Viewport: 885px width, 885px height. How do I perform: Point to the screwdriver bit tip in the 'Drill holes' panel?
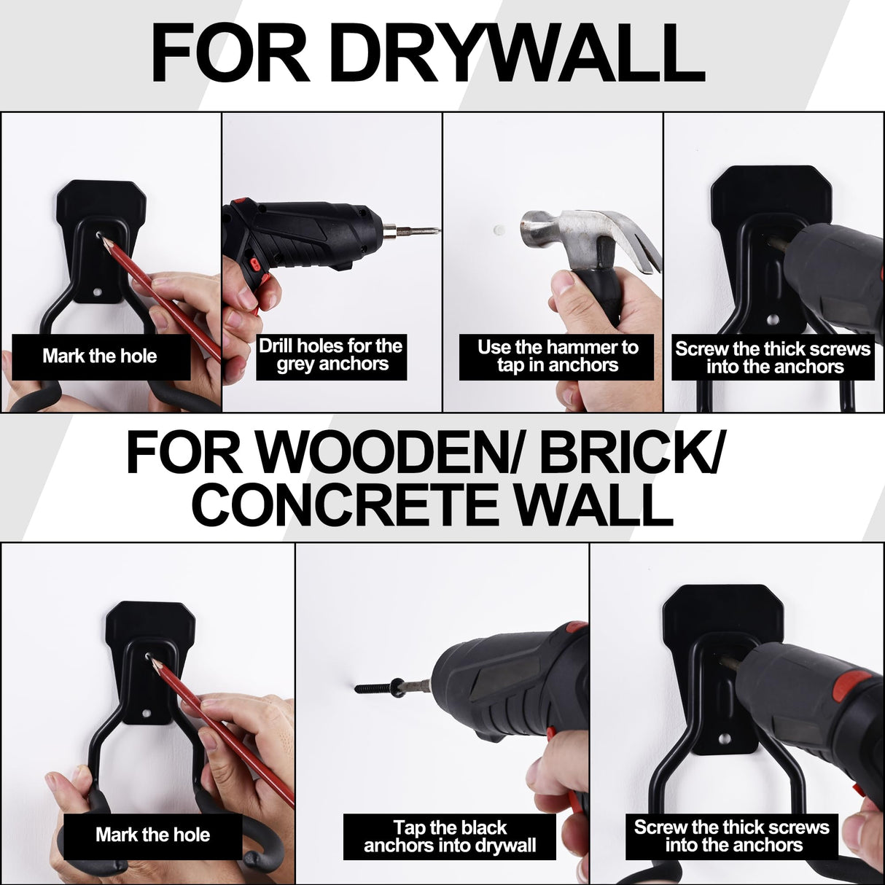click(x=440, y=232)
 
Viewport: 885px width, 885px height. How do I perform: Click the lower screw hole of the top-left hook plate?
click(x=97, y=292)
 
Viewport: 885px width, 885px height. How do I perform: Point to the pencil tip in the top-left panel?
click(x=99, y=235)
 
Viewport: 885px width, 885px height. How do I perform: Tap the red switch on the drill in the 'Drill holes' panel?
click(x=254, y=264)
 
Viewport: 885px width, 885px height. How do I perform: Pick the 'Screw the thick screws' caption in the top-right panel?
click(x=773, y=358)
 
